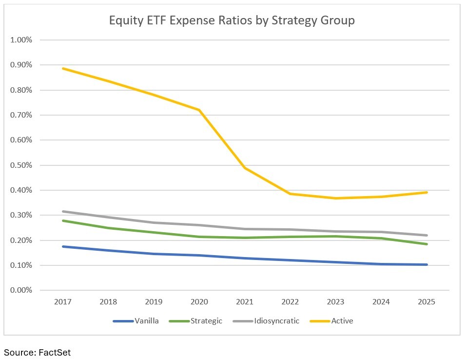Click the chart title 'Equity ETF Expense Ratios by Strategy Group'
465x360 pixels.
pos(232,20)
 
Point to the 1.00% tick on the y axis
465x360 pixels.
pos(21,40)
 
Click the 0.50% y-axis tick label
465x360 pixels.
pos(21,165)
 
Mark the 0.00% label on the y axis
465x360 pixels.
pos(21,290)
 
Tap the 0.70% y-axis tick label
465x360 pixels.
pos(21,115)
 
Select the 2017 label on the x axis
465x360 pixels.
pos(63,302)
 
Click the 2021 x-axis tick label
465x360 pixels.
pos(245,302)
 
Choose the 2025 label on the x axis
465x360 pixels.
pos(426,302)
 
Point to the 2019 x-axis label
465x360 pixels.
pos(154,302)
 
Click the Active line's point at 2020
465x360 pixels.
pos(199,110)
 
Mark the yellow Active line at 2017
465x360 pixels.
pos(63,68)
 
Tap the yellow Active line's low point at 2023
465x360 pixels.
pos(336,198)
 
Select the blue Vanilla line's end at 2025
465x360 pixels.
pos(426,264)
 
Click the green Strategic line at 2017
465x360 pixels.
pos(63,220)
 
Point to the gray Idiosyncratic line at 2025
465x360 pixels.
pos(426,235)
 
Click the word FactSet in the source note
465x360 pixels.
pos(55,352)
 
